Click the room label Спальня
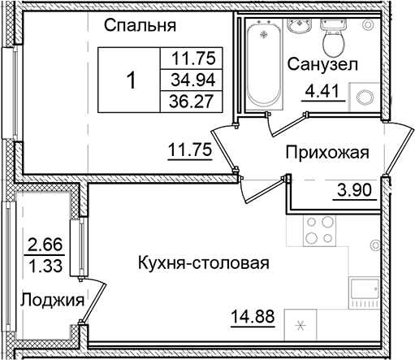click(x=140, y=25)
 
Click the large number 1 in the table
click(x=132, y=80)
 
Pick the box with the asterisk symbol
click(x=301, y=327)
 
